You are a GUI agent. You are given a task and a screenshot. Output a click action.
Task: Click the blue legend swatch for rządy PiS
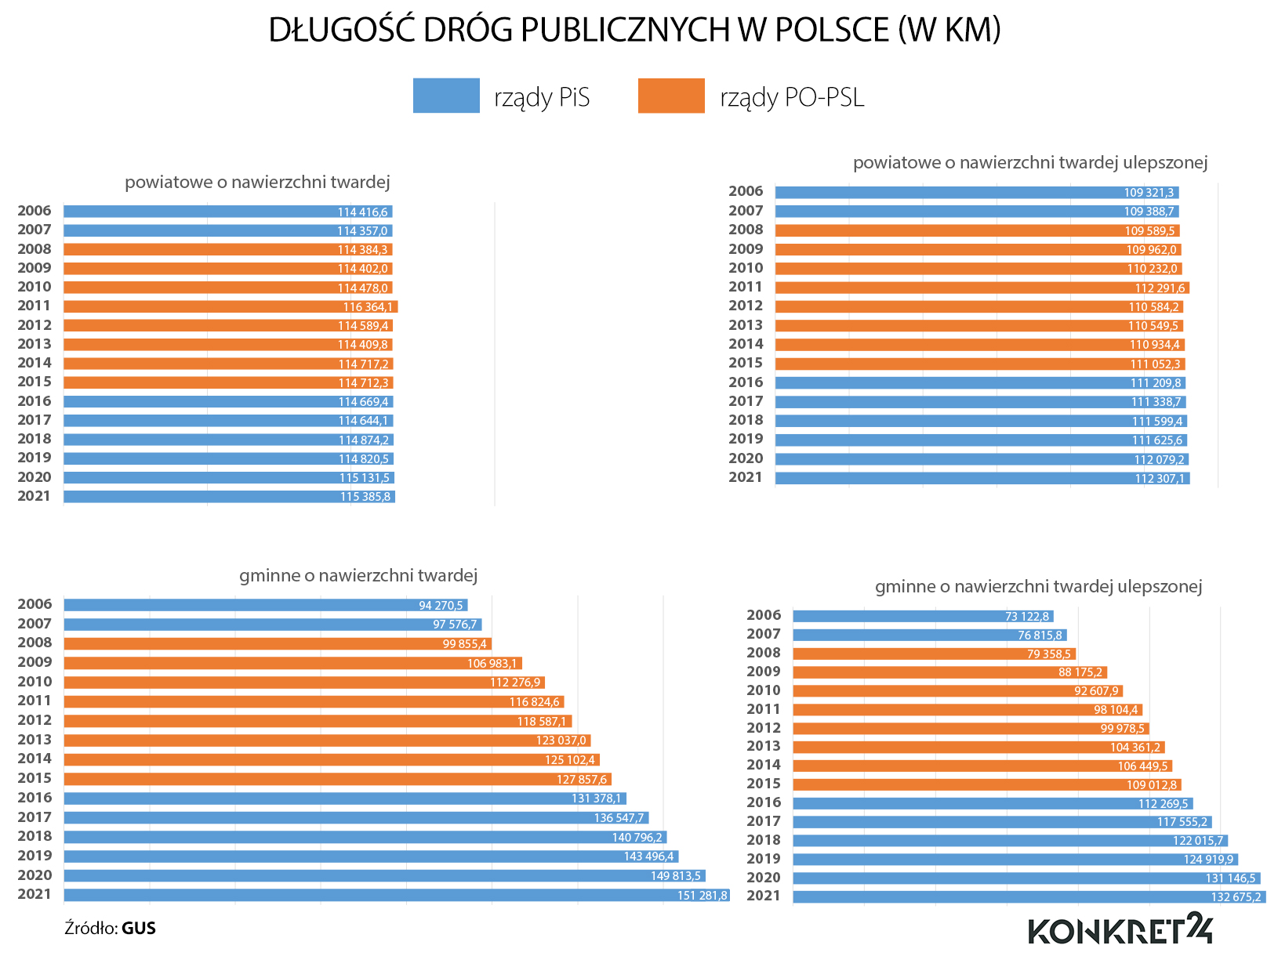click(446, 96)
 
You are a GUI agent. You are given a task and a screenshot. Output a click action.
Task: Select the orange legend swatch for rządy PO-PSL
click(671, 96)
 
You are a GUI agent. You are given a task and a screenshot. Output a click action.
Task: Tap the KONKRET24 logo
click(1120, 929)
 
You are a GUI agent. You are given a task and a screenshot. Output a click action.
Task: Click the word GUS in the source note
click(139, 929)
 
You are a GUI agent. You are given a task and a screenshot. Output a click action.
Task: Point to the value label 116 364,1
click(368, 306)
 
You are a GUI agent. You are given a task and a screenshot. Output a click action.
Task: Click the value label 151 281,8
click(703, 895)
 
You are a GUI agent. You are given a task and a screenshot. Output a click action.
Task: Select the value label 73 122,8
click(1027, 617)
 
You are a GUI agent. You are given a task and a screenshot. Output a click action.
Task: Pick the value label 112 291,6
click(1160, 288)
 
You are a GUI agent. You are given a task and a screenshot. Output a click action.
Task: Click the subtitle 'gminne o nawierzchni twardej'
click(358, 576)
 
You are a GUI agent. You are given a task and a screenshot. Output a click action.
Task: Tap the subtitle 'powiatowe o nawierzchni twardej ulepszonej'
click(1029, 163)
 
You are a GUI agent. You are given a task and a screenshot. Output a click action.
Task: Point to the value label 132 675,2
click(1236, 896)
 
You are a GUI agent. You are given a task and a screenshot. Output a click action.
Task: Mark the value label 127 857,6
click(582, 779)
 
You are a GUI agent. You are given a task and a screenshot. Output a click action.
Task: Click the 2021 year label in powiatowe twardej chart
click(34, 496)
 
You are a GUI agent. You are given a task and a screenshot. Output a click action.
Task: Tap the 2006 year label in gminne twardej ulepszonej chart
click(764, 615)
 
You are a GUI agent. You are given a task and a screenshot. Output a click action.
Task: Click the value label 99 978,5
click(1122, 729)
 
